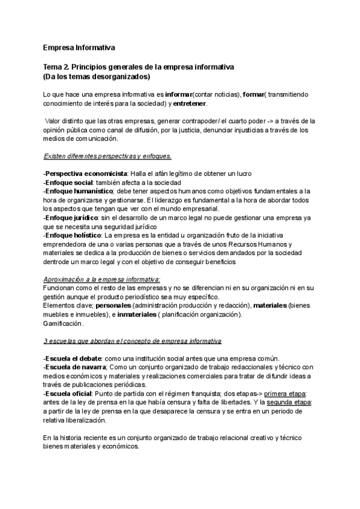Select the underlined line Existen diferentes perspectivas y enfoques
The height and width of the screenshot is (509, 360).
[x=108, y=156]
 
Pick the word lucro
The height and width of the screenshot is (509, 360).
[x=244, y=173]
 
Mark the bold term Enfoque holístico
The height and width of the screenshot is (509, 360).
[x=71, y=235]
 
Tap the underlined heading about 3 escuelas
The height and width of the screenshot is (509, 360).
[x=133, y=341]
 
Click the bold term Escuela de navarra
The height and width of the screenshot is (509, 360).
[x=75, y=367]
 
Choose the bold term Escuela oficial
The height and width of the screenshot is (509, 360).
[x=68, y=394]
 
